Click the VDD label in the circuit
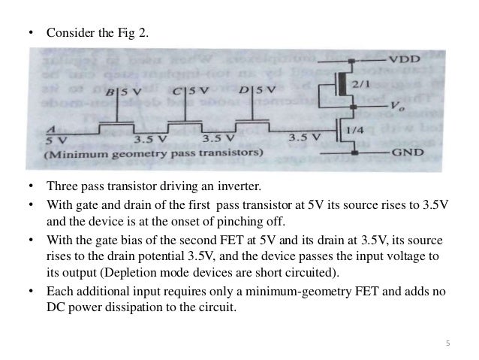[404, 58]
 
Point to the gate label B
[110, 94]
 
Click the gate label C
[176, 92]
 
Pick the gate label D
[246, 91]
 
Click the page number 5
[447, 343]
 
